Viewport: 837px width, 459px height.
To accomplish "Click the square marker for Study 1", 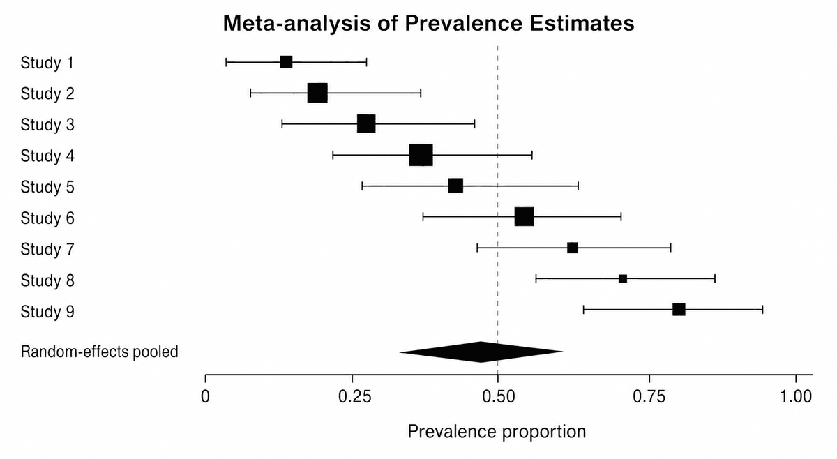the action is click(x=286, y=62).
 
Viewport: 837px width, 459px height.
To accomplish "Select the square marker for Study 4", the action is click(x=421, y=155).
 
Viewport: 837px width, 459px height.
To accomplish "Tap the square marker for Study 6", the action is click(x=525, y=216).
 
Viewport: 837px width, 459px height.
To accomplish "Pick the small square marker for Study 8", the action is click(x=623, y=279).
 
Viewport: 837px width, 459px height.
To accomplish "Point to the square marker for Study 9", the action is click(x=679, y=310).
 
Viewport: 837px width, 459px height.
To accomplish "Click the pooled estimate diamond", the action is click(x=481, y=352).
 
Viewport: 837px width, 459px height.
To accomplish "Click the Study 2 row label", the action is click(x=47, y=93).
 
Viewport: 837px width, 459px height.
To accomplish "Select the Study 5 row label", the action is click(x=47, y=186).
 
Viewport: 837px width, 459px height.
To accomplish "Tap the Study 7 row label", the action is click(x=47, y=249).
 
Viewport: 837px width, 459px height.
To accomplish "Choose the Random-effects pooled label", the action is click(x=99, y=352).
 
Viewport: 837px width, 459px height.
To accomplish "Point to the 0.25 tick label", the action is click(x=355, y=397).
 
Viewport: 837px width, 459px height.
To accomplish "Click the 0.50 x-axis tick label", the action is click(x=499, y=397).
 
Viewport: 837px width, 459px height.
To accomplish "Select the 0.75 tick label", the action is click(x=649, y=397).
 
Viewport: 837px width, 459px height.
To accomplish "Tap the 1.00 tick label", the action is click(x=796, y=397).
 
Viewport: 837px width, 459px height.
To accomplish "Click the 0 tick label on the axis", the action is click(x=205, y=397).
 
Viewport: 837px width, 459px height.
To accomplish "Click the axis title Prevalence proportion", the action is click(x=497, y=432).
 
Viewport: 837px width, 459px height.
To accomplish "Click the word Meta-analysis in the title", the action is click(x=296, y=23).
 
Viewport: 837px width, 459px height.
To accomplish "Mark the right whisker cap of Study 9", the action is click(x=762, y=310).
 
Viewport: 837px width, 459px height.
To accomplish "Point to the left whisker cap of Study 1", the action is click(x=226, y=62).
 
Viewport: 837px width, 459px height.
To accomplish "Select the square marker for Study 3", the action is click(x=366, y=123).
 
